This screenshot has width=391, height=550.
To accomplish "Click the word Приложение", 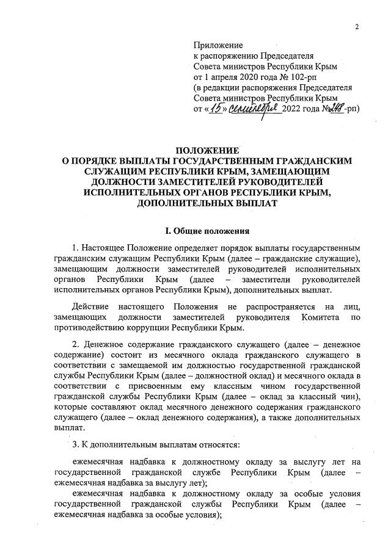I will [217, 45].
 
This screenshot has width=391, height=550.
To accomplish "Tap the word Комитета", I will [323, 317].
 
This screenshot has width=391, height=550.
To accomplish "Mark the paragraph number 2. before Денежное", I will [75, 346].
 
